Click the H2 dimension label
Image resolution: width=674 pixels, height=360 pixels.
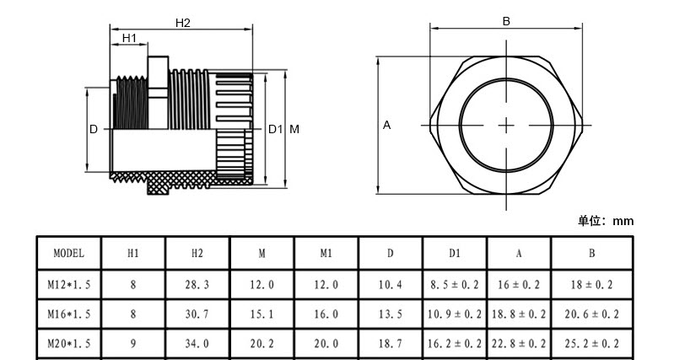tap(183, 24)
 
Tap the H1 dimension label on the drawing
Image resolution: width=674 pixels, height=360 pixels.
tap(129, 38)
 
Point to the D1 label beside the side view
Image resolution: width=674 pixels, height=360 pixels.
tap(276, 129)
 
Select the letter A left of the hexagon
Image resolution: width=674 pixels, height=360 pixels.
tap(387, 125)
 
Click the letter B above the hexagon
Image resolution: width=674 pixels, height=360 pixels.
tap(506, 21)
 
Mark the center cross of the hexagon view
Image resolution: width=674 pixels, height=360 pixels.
tap(506, 126)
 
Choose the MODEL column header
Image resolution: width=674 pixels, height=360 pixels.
tap(69, 253)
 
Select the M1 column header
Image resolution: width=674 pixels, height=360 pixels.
tap(326, 254)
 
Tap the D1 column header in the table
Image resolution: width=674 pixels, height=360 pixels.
tap(455, 254)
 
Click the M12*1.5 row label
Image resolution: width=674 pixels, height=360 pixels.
tap(69, 284)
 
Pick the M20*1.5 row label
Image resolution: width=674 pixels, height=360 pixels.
tap(69, 343)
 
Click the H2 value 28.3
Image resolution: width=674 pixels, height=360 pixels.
tap(197, 284)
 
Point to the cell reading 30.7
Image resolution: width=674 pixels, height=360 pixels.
tap(197, 314)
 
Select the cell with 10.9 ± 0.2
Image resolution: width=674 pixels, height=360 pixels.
tap(455, 314)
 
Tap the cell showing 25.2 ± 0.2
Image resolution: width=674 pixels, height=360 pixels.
tap(592, 343)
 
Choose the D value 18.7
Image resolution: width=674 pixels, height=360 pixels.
tap(391, 343)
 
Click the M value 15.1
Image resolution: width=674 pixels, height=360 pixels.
tap(262, 314)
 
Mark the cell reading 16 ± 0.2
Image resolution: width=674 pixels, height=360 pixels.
tap(519, 284)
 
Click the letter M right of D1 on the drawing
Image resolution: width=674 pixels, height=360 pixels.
tap(294, 129)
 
